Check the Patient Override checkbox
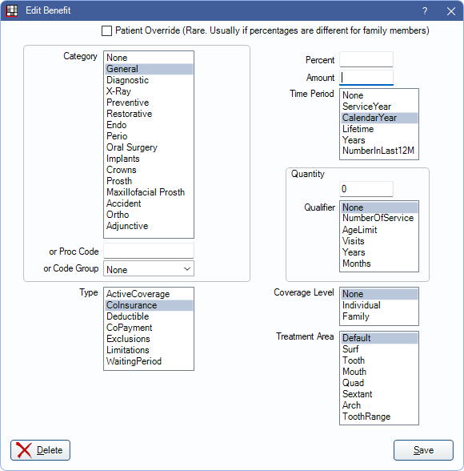(106, 30)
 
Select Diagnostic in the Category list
(127, 80)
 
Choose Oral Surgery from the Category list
(132, 147)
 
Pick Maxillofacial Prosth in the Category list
(146, 192)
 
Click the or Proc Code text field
(149, 251)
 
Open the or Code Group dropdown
(149, 268)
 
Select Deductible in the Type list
(128, 316)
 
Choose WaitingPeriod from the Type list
(134, 361)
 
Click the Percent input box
(366, 59)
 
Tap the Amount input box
(366, 78)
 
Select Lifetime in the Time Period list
(358, 129)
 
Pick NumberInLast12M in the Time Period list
(378, 151)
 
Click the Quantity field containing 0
(366, 189)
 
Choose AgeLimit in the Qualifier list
(360, 230)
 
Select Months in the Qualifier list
(357, 264)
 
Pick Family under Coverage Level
(356, 316)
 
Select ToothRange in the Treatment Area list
(366, 417)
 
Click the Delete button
(40, 450)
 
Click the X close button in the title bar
(451, 11)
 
